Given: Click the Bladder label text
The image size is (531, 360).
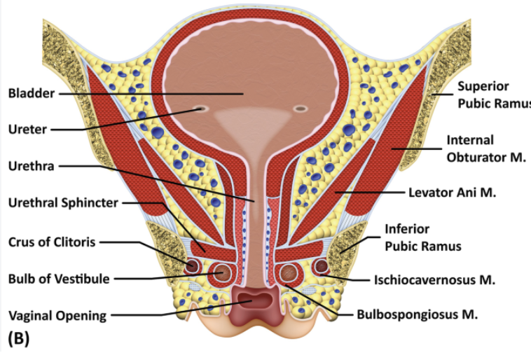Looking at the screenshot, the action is click(x=31, y=93).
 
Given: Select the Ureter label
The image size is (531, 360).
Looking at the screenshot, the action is click(x=27, y=129).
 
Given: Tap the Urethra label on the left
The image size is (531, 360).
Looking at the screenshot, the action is click(x=31, y=166).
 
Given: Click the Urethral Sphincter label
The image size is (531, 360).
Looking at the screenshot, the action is click(x=63, y=203).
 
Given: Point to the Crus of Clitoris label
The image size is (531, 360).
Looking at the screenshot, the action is click(x=52, y=242).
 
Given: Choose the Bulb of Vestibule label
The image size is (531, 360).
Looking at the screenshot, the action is click(x=59, y=279).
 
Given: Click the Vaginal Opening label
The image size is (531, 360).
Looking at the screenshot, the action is click(x=57, y=316).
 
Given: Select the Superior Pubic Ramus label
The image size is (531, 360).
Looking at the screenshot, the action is click(x=494, y=95).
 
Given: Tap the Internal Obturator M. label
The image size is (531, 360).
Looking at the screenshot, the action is click(x=486, y=148).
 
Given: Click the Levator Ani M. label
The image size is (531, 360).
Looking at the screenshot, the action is click(x=452, y=193).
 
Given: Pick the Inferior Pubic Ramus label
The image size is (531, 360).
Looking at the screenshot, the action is click(x=423, y=237).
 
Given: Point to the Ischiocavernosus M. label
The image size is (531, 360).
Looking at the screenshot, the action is click(x=434, y=280).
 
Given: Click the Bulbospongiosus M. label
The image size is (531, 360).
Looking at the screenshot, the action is click(x=418, y=314).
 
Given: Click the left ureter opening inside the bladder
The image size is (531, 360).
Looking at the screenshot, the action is click(x=200, y=109).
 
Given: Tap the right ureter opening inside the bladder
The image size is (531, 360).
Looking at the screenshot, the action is click(x=301, y=109).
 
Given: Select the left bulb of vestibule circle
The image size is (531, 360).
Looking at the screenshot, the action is click(x=221, y=272).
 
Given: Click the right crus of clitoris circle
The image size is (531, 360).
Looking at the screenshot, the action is click(x=321, y=266).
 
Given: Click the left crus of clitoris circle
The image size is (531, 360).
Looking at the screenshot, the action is click(x=192, y=266).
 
